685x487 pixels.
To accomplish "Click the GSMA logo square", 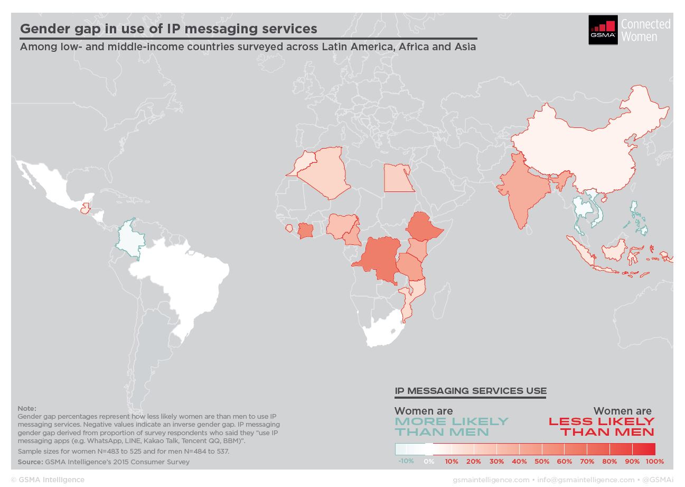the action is pos(603,30).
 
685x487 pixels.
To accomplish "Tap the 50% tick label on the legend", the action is pos(541,461).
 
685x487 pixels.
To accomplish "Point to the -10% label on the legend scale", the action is pos(406,461).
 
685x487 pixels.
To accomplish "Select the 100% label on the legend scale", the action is pos(655,461).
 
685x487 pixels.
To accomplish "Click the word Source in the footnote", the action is pos(30,462).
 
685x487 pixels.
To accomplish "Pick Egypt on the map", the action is pos(398,179).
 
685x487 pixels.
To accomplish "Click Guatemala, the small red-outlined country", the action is pos(86,209).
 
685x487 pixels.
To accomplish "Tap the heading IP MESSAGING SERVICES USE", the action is pos(471,391).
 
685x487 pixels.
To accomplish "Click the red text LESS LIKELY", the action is pos(602,421).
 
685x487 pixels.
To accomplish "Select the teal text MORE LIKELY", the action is pos(452,421).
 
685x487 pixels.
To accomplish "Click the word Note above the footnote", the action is pos(27,408).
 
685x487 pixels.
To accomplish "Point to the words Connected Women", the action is pos(645,30).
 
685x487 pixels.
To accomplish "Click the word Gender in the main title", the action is pos(45,29).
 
